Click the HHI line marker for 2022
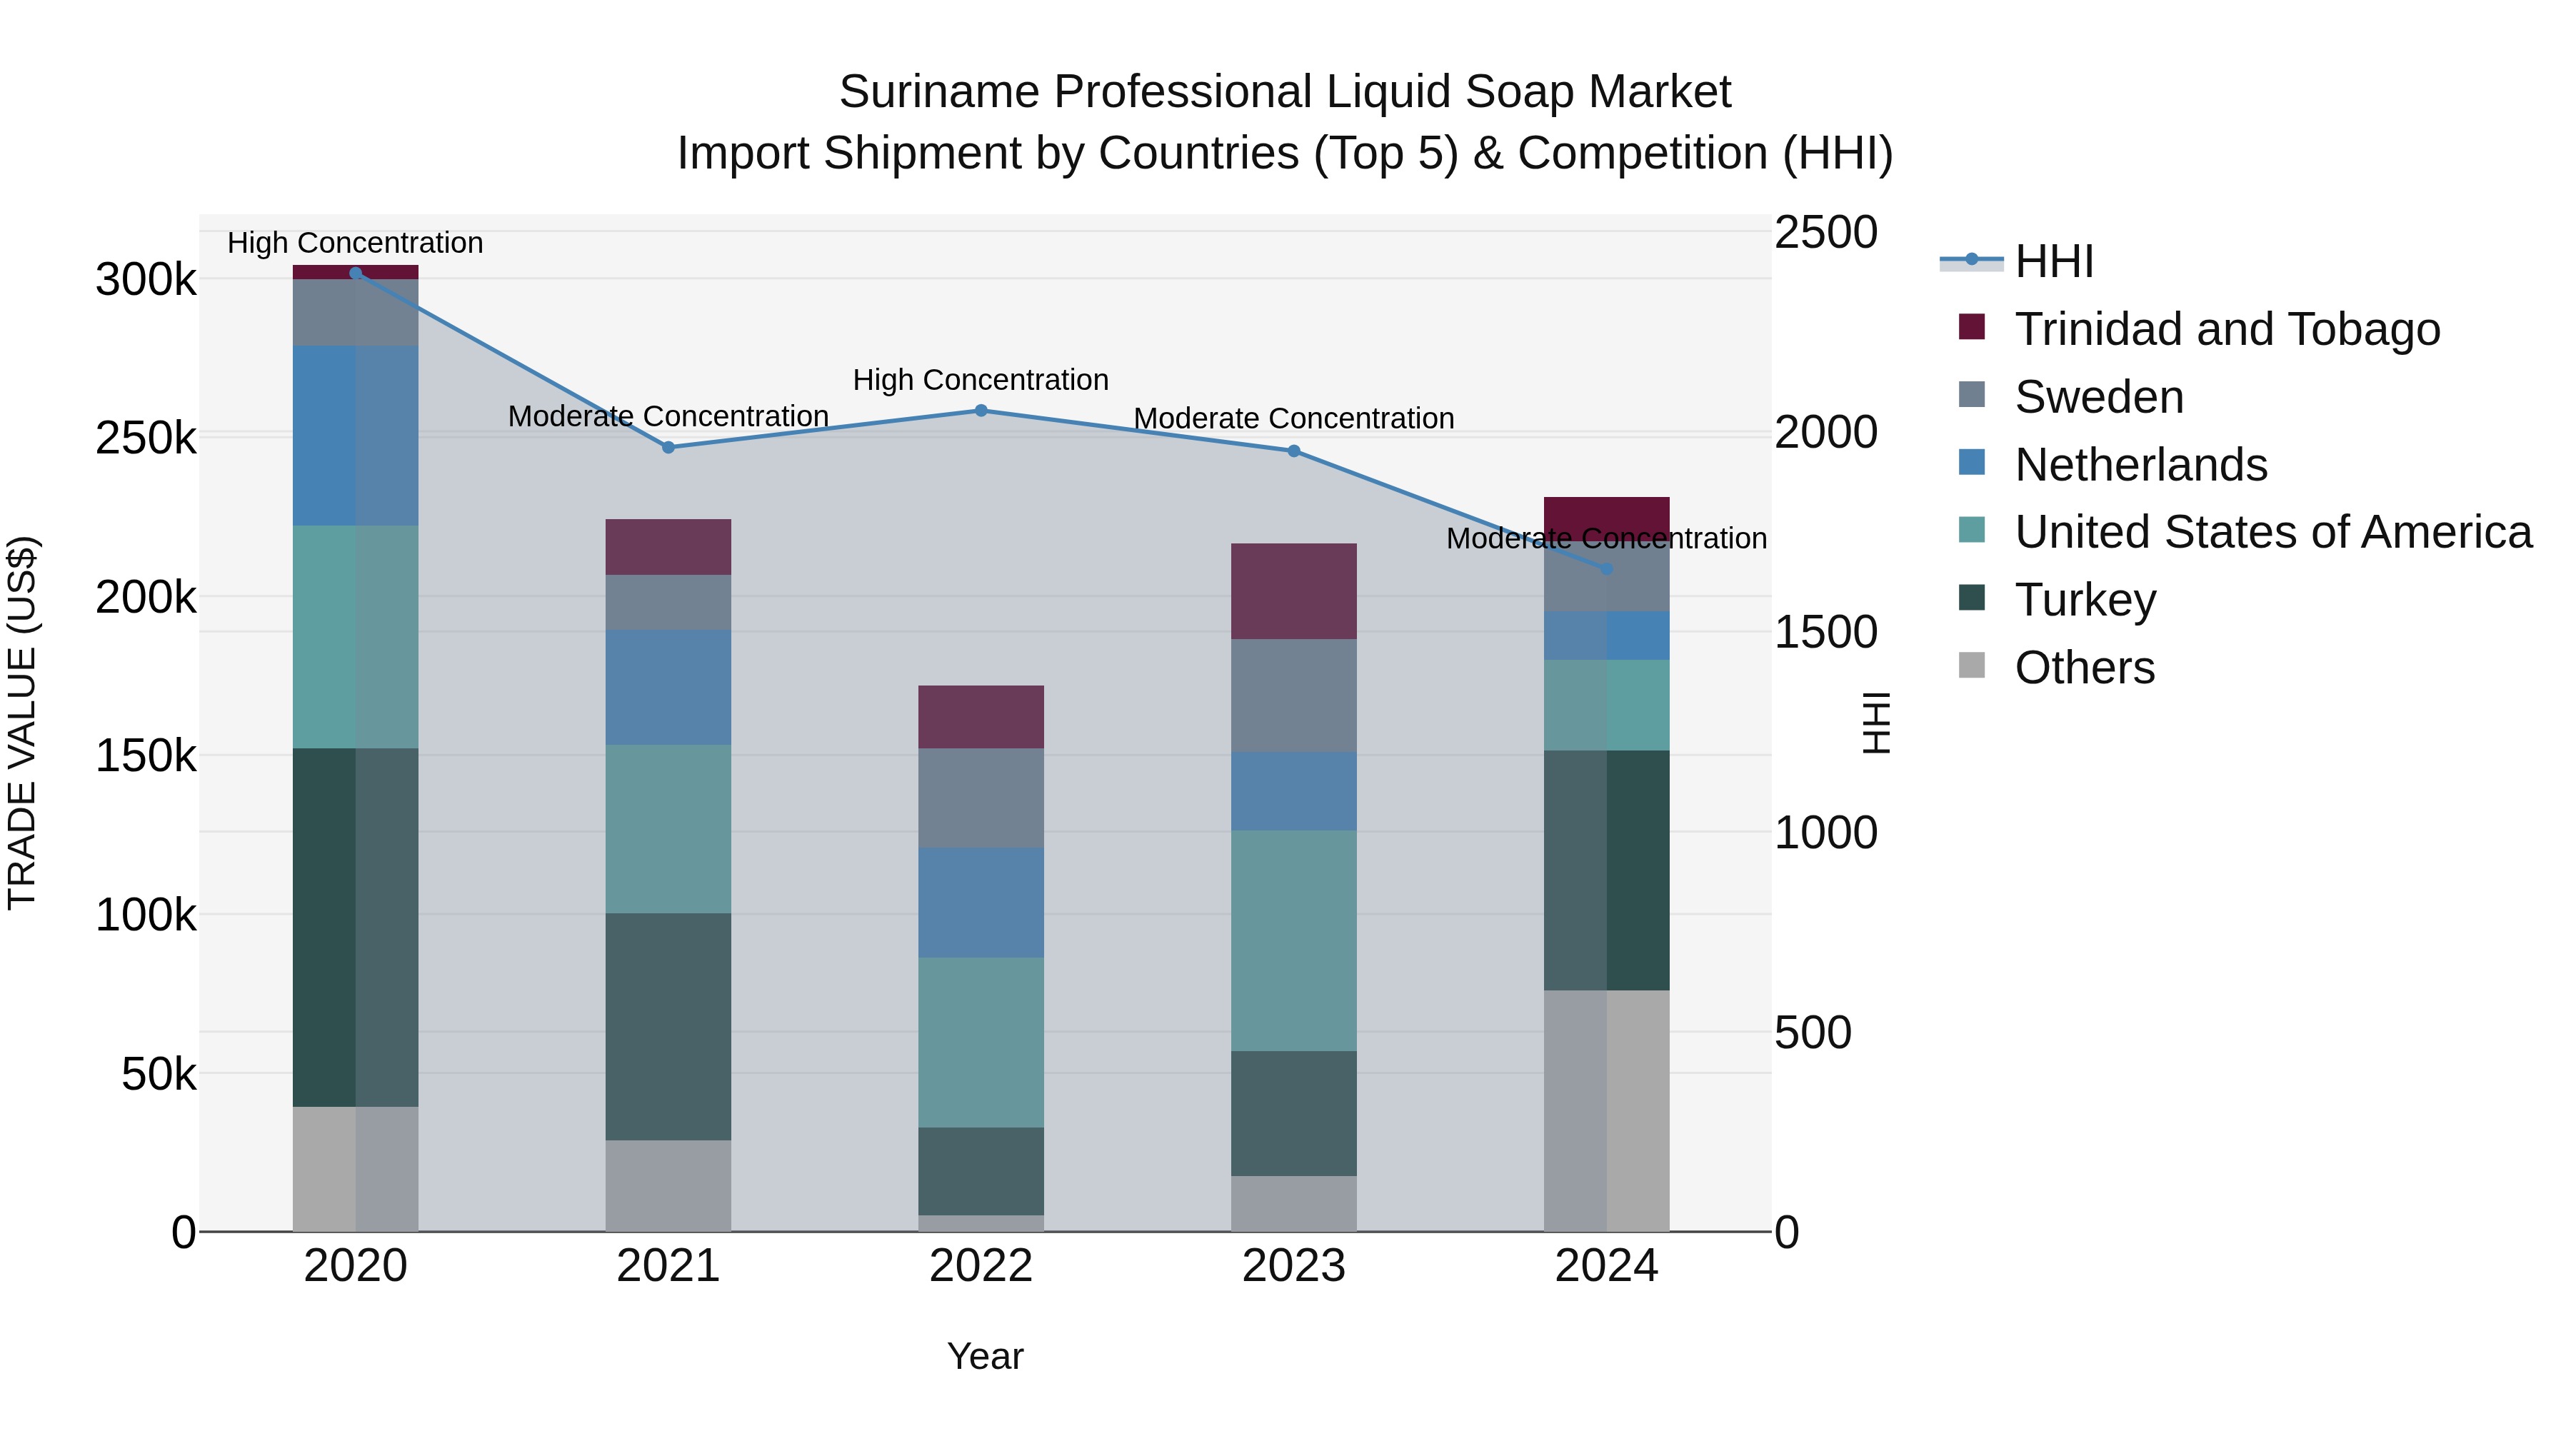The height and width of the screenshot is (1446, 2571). [981, 410]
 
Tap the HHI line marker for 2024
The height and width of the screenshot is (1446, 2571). [1607, 569]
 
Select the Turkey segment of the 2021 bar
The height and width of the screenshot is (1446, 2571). [668, 1026]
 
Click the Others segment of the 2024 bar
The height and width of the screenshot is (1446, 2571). [1607, 1110]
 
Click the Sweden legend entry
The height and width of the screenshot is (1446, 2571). [2098, 397]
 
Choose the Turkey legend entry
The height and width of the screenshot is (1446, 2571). [2084, 600]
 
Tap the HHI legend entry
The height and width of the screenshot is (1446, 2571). [2053, 261]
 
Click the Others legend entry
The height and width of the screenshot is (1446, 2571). [2084, 668]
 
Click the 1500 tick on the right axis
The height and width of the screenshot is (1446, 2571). [1825, 633]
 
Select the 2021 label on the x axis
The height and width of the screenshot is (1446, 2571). [668, 1266]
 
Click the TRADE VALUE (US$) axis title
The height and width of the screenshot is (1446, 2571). [22, 723]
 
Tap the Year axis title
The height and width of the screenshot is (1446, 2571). [985, 1356]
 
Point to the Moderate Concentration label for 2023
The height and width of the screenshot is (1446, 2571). [1293, 418]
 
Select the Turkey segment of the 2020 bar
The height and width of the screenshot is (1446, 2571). [356, 926]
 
